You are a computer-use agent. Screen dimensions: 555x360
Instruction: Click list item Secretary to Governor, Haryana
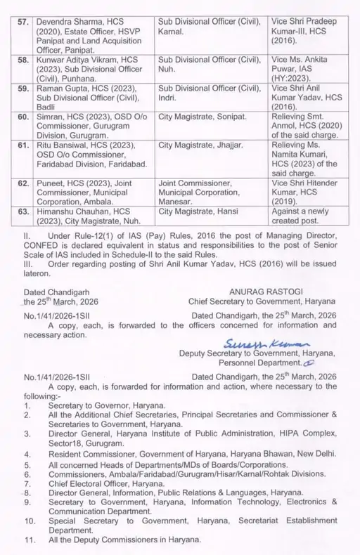click(x=106, y=406)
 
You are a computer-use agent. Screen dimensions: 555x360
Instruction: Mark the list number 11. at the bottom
click(x=30, y=542)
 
